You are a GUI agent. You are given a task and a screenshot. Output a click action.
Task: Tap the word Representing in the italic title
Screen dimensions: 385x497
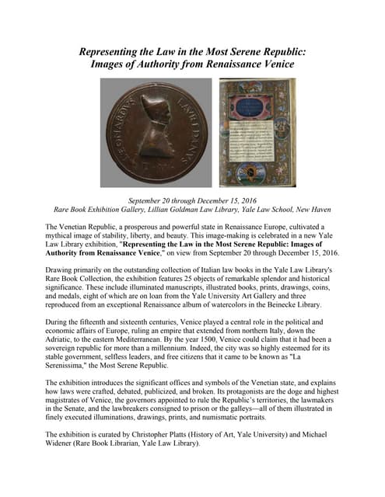tap(117, 51)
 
